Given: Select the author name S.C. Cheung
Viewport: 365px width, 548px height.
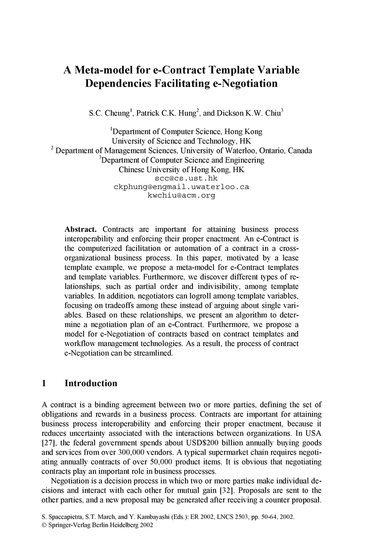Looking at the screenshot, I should (x=107, y=113).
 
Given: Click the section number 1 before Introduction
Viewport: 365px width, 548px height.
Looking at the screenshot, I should (x=44, y=383).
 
